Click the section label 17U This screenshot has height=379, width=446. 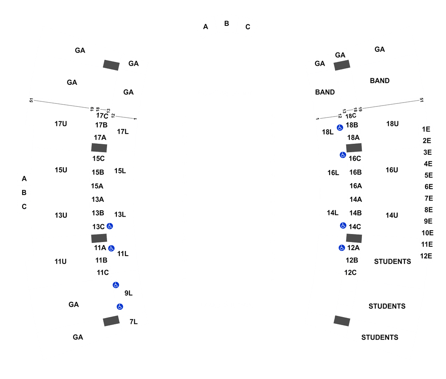(x=61, y=124)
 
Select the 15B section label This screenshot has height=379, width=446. (x=98, y=172)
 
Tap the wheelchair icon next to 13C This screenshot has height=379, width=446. (x=110, y=226)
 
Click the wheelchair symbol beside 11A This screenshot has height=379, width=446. (x=111, y=248)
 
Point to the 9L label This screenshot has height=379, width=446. (x=129, y=293)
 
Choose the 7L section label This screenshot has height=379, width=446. (x=134, y=322)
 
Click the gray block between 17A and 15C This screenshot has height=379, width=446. (x=99, y=148)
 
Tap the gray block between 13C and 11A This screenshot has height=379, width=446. (x=99, y=238)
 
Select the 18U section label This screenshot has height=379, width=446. (x=392, y=124)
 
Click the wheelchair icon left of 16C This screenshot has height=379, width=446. (x=343, y=155)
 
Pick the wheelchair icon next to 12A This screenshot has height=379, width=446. (x=342, y=248)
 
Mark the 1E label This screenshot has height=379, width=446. (x=426, y=129)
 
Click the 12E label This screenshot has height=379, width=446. (x=426, y=256)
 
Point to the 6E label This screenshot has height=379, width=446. (x=429, y=187)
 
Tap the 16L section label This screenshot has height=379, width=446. (x=333, y=173)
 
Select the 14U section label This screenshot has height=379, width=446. (x=392, y=215)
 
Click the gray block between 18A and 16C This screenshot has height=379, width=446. (x=354, y=148)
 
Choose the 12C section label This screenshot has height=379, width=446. (x=350, y=273)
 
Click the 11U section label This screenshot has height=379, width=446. (x=61, y=262)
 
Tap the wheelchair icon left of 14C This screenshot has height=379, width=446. (x=343, y=226)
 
